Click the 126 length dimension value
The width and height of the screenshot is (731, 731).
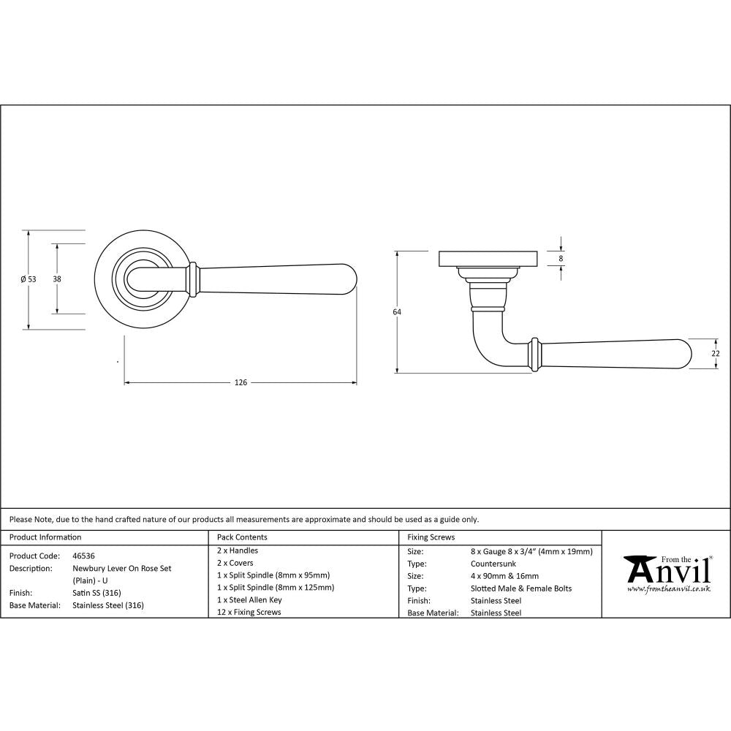(x=240, y=382)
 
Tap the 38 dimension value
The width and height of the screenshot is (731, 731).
(x=56, y=279)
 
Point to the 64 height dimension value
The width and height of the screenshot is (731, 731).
(x=397, y=312)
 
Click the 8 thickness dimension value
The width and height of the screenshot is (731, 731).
(x=561, y=259)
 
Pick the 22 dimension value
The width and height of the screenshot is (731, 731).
(x=716, y=354)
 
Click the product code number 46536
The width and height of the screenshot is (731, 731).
(x=83, y=556)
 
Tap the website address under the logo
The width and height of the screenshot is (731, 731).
(x=669, y=588)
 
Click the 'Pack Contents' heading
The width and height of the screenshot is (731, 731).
(x=242, y=537)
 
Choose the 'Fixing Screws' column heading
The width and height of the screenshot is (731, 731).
(x=431, y=537)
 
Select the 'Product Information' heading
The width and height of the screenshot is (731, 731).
(x=45, y=537)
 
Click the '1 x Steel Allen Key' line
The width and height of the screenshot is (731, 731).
(x=249, y=599)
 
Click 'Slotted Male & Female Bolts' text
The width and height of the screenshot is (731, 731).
(x=521, y=588)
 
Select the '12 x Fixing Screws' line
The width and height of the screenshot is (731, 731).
(x=249, y=612)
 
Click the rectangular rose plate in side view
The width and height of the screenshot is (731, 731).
(x=488, y=259)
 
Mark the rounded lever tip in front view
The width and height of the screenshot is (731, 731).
(x=349, y=279)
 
